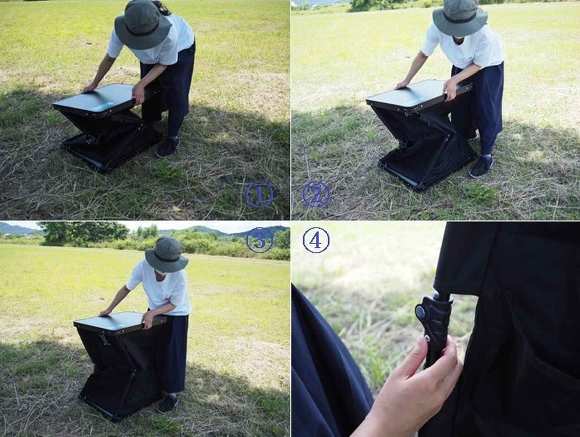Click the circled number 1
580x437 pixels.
(x=259, y=194)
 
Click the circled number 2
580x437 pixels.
(x=316, y=195)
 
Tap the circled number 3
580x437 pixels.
(x=259, y=240)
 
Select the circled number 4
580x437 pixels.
(x=316, y=240)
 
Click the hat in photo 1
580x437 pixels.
(x=143, y=25)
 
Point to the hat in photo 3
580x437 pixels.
(x=167, y=254)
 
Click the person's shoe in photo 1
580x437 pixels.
(x=167, y=147)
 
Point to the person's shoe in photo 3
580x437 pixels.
(x=168, y=404)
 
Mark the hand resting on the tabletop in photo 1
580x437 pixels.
(x=89, y=88)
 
